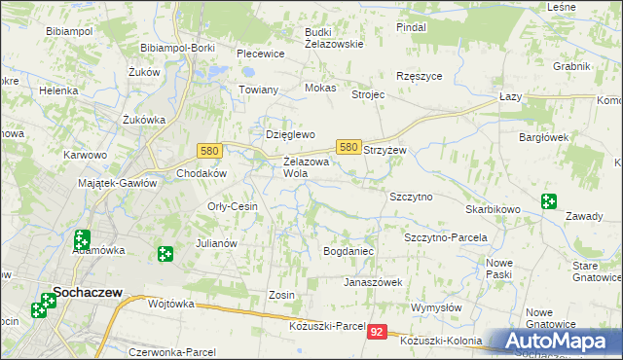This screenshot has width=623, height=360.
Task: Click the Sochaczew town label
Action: pyautogui.click(x=81, y=290)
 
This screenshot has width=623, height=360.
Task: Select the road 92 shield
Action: pyautogui.click(x=379, y=332)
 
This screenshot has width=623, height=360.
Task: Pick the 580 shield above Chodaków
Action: pyautogui.click(x=208, y=151)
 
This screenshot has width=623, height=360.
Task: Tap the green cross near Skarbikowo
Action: pyautogui.click(x=550, y=202)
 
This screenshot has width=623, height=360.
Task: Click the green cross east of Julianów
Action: pyautogui.click(x=165, y=254)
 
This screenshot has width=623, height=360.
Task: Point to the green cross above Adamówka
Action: pyautogui.click(x=82, y=237)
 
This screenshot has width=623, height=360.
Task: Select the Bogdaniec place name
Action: pyautogui.click(x=348, y=251)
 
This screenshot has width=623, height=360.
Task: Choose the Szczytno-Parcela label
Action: pyautogui.click(x=445, y=236)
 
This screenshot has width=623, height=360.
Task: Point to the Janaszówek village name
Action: pyautogui.click(x=373, y=282)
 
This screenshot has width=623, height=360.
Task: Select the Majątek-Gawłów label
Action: pyautogui.click(x=117, y=183)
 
